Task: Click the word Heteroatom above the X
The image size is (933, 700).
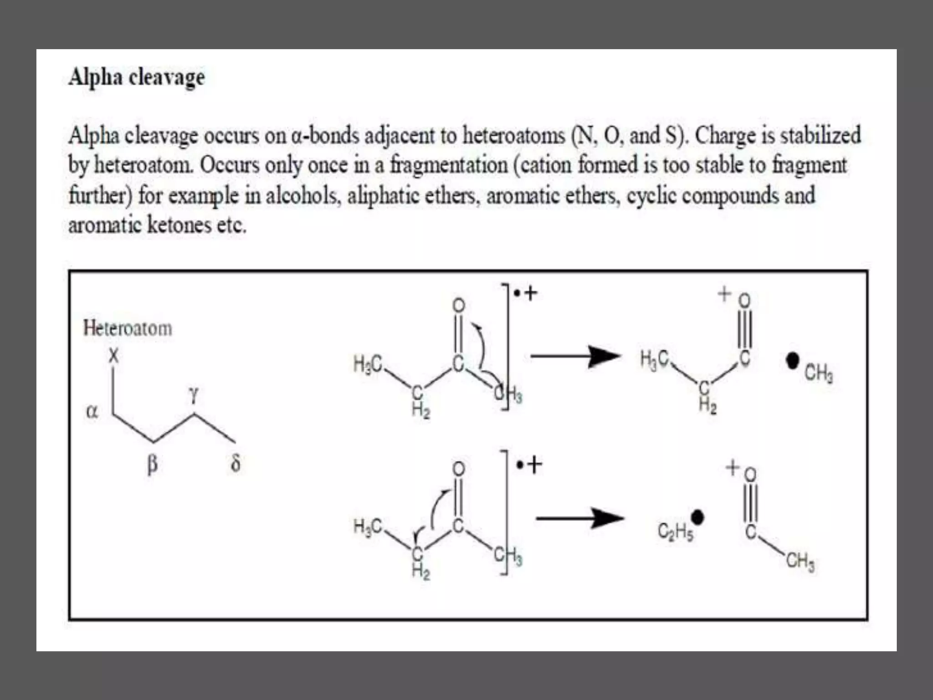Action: coord(128,329)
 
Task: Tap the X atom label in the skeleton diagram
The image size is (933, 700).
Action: coord(113,355)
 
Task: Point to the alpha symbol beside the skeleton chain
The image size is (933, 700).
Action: coord(92,412)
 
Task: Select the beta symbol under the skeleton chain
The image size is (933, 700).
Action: coord(153,464)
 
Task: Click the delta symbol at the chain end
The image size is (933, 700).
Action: coord(236,463)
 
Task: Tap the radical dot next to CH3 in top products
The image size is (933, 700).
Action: coord(793,361)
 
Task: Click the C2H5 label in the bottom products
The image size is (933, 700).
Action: coord(675,531)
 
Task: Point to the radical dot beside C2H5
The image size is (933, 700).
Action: coord(697,517)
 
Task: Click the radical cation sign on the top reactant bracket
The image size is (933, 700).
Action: coord(526,293)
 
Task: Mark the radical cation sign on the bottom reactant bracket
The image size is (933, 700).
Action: coord(529,465)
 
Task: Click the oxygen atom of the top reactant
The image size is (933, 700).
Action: coord(459,305)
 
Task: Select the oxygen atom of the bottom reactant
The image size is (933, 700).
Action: coord(459,468)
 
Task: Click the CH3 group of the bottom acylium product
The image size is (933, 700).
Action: coord(800,561)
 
